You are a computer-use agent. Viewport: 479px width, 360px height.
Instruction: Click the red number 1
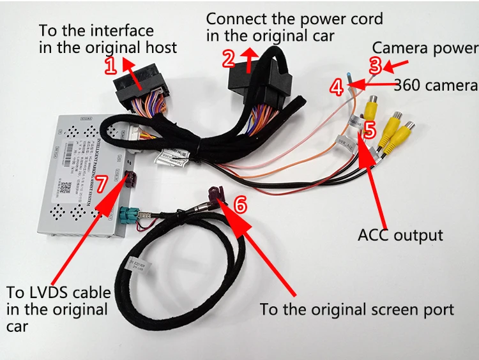pyautogui.click(x=110, y=64)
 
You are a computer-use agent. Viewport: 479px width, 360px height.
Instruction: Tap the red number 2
pyautogui.click(x=229, y=59)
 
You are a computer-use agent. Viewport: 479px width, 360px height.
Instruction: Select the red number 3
pyautogui.click(x=376, y=64)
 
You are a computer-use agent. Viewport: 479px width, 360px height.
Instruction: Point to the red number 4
pyautogui.click(x=337, y=87)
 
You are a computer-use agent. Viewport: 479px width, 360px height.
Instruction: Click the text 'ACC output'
pyautogui.click(x=400, y=235)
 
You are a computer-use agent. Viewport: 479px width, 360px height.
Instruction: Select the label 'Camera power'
pyautogui.click(x=425, y=48)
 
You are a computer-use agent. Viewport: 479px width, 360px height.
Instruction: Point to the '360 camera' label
pyautogui.click(x=436, y=86)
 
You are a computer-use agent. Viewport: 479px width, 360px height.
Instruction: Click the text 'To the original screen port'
pyautogui.click(x=356, y=310)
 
